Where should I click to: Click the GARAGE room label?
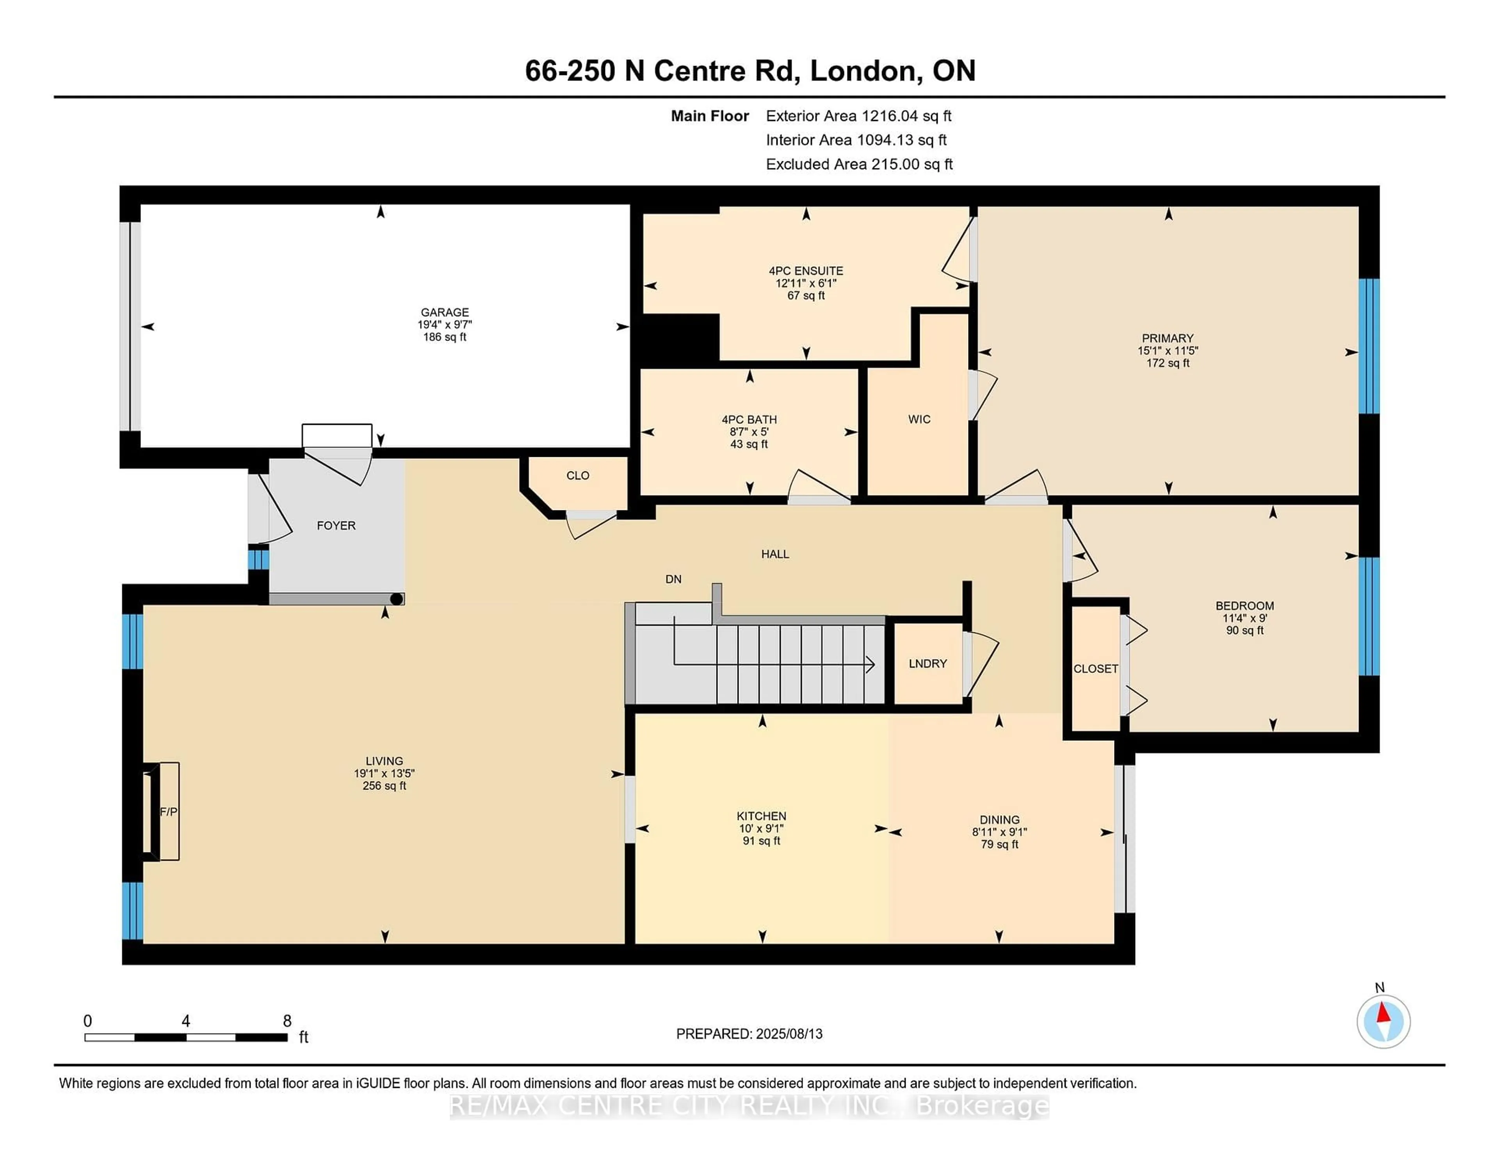pyautogui.click(x=445, y=312)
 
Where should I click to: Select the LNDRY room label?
pyautogui.click(x=927, y=663)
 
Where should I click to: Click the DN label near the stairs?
pyautogui.click(x=673, y=579)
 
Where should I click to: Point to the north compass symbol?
pyautogui.click(x=1383, y=1021)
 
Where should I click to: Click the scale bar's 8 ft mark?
pyautogui.click(x=287, y=1022)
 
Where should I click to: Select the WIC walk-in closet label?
pyautogui.click(x=919, y=419)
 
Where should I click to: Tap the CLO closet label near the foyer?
pyautogui.click(x=577, y=475)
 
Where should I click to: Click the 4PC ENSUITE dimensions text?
pyautogui.click(x=806, y=283)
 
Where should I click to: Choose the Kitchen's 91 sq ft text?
pyautogui.click(x=761, y=840)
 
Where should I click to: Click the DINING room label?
pyautogui.click(x=999, y=819)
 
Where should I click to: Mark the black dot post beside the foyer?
pyautogui.click(x=396, y=599)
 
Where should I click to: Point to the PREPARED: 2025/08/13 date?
pyautogui.click(x=749, y=1033)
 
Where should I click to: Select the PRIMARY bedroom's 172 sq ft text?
pyautogui.click(x=1168, y=362)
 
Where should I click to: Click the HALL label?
pyautogui.click(x=775, y=553)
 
